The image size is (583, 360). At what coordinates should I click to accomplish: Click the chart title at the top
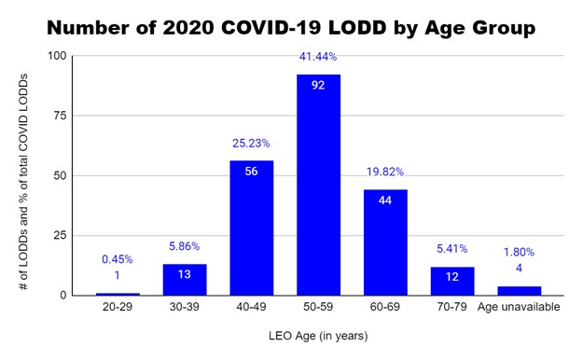click(291, 28)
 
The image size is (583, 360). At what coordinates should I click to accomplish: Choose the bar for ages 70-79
click(452, 281)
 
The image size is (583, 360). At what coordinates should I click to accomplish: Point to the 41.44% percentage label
click(318, 57)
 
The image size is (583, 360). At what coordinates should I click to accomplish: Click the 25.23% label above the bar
click(251, 144)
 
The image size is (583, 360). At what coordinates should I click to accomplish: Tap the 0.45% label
click(118, 261)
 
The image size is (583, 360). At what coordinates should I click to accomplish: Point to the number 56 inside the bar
click(251, 172)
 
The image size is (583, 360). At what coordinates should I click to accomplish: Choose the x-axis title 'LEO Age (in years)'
click(318, 336)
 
